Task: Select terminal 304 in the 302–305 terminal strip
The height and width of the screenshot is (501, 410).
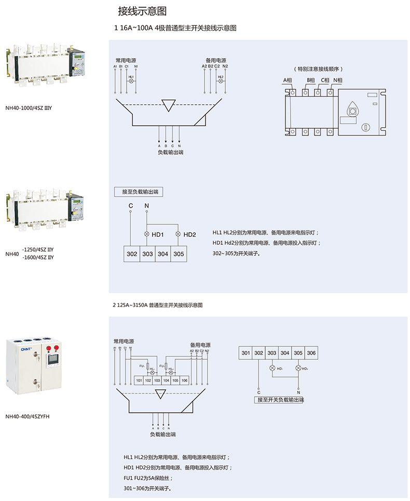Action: (163, 254)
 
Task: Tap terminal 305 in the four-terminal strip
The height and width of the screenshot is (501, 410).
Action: (179, 254)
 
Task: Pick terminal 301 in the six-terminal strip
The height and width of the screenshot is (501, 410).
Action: (245, 353)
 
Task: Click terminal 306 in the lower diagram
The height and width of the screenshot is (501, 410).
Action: (310, 353)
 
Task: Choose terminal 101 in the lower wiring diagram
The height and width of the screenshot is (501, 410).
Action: (139, 381)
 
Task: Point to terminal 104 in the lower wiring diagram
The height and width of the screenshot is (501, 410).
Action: (166, 381)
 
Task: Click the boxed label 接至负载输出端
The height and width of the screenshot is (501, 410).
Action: (139, 192)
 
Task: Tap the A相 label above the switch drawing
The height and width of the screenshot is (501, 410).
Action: (288, 80)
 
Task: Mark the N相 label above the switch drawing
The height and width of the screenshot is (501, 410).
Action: (338, 80)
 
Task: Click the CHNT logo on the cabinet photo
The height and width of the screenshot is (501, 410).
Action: (26, 349)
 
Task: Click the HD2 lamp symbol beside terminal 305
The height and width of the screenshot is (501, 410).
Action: (179, 235)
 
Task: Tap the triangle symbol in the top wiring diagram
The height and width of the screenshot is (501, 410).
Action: (168, 105)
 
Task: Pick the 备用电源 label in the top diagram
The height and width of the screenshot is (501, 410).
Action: (215, 60)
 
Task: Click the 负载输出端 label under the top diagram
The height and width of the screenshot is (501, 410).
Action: (170, 153)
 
